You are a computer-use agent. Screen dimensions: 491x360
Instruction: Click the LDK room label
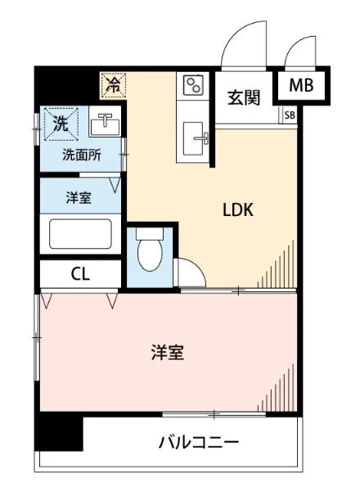(x=239, y=209)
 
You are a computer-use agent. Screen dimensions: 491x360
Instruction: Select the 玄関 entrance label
(x=244, y=97)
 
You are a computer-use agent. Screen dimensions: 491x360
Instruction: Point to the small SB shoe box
(x=290, y=115)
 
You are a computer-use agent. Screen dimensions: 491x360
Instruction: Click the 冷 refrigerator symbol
(x=114, y=83)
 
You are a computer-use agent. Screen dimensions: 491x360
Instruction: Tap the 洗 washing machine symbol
(x=61, y=124)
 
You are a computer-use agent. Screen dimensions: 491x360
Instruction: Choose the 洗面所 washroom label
(x=83, y=155)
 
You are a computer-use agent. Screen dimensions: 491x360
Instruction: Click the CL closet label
(x=80, y=274)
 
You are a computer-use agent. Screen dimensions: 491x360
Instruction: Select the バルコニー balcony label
(x=198, y=443)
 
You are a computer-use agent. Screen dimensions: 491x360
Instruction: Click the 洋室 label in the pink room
(x=167, y=354)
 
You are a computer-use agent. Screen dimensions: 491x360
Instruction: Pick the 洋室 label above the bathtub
(x=80, y=197)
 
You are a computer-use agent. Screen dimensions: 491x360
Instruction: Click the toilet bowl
(x=150, y=255)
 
